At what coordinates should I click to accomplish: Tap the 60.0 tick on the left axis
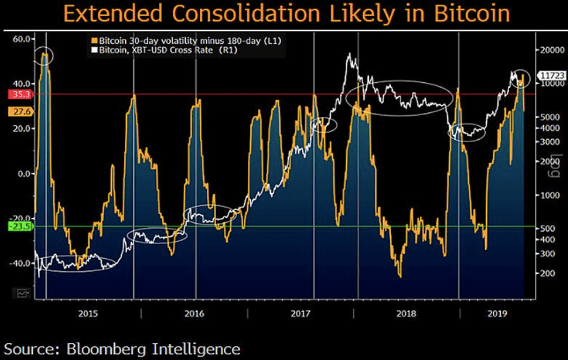pyautogui.click(x=22, y=39)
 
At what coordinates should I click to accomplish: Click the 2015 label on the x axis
pyautogui.click(x=88, y=313)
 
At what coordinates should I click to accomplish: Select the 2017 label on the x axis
pyautogui.click(x=300, y=313)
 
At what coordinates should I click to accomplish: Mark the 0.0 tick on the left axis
pyautogui.click(x=24, y=174)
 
